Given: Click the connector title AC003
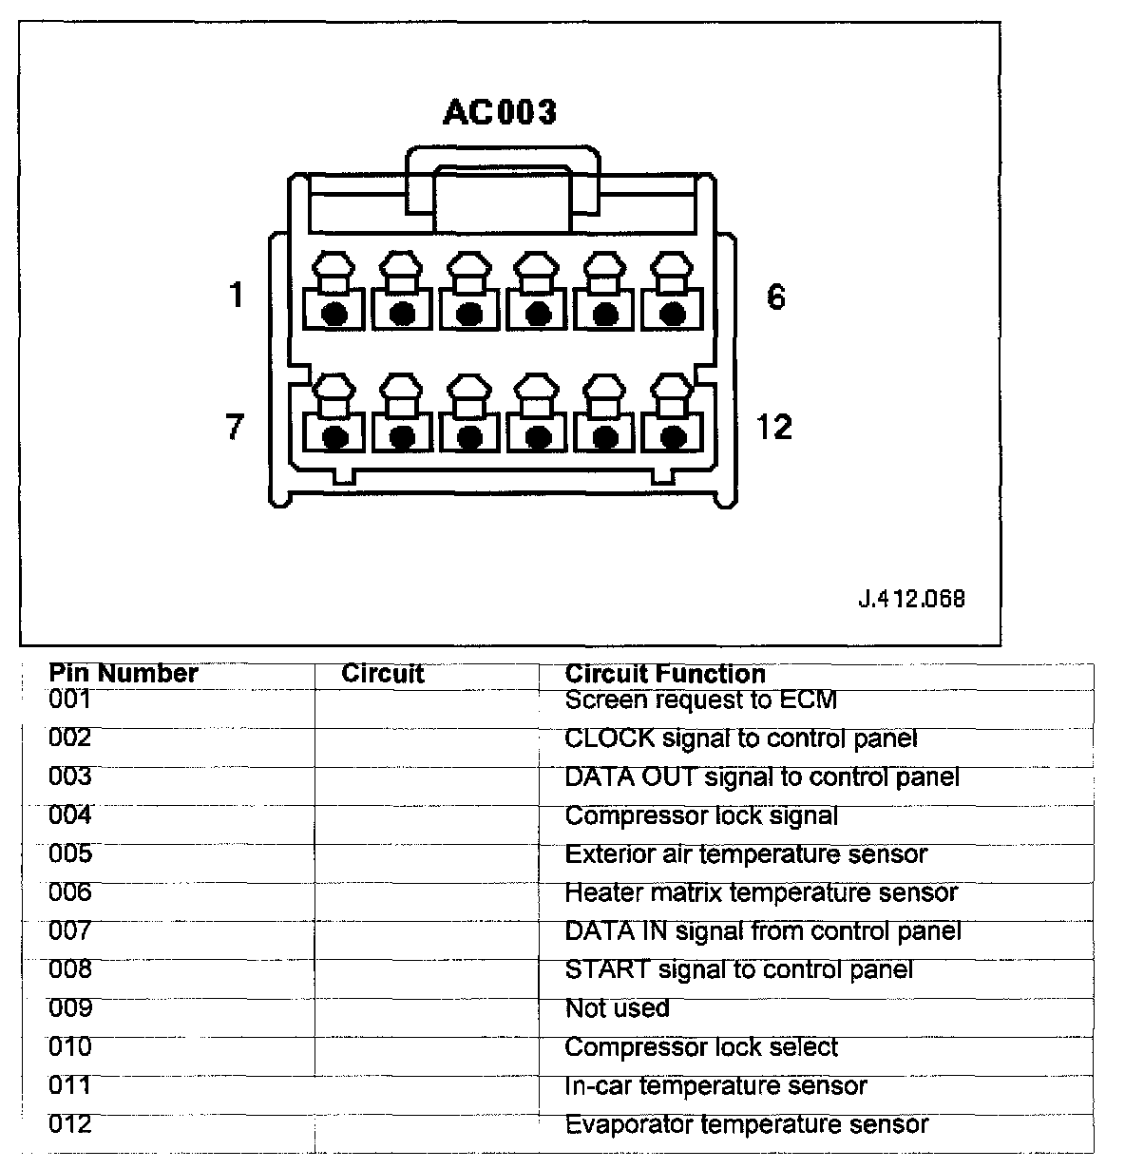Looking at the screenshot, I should [x=500, y=112].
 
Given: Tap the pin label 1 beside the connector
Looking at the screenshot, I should [x=237, y=296].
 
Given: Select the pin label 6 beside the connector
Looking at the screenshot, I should [x=775, y=297].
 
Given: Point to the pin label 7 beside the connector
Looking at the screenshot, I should [x=235, y=427].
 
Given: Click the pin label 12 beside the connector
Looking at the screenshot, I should [x=774, y=427].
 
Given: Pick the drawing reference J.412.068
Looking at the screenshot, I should [x=911, y=599].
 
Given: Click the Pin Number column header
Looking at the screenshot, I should [x=124, y=674].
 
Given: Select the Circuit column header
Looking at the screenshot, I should [x=382, y=675].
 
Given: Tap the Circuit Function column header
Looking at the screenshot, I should [x=665, y=675].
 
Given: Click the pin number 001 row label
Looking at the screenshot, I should [x=70, y=699].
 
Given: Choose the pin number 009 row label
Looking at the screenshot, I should [x=70, y=1007].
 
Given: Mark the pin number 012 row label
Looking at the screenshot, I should [x=70, y=1124].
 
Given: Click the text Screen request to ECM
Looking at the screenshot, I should [x=701, y=700].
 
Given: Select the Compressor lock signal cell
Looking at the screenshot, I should [x=701, y=815].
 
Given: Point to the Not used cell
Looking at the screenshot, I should [x=618, y=1008].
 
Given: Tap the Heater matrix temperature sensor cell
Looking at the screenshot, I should [x=761, y=893].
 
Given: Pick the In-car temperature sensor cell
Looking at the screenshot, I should [x=715, y=1086].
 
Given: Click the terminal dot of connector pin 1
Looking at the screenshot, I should [x=334, y=314].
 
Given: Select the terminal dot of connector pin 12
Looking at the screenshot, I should [x=674, y=438].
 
